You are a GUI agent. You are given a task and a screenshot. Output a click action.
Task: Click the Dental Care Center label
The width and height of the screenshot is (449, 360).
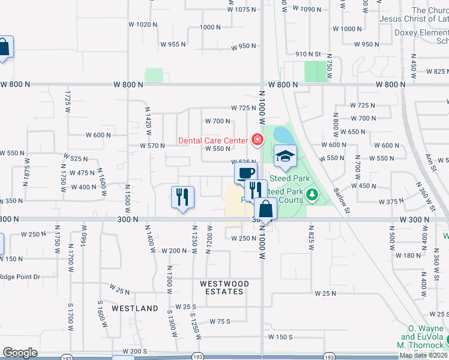click(213, 140)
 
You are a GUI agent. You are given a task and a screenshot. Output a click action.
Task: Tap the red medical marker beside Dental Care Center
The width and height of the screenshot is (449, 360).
click(257, 140)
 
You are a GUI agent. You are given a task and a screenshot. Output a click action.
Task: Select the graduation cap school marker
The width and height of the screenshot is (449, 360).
click(285, 157)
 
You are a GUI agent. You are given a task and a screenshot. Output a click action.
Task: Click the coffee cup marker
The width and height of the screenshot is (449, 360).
click(246, 173)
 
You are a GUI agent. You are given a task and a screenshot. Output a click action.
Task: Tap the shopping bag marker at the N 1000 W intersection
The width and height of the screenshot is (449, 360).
click(266, 210)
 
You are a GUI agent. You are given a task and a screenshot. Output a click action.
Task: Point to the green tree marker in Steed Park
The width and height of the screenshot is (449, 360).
click(312, 194)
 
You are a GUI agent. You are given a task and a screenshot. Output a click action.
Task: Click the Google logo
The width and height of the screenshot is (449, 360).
click(20, 353)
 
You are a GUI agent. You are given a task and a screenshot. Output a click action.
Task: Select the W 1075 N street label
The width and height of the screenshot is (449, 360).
click(242, 10)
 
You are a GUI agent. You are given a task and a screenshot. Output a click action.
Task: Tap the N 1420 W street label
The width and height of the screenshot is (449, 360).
click(147, 119)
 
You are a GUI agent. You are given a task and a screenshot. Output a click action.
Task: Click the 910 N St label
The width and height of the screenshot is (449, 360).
click(309, 54)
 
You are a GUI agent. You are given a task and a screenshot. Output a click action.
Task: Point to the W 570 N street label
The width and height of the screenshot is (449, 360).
click(152, 146)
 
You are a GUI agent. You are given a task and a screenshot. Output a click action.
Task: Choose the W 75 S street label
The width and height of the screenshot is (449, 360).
click(220, 322)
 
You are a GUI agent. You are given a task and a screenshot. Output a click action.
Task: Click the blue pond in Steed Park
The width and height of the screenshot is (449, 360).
click(283, 136)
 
